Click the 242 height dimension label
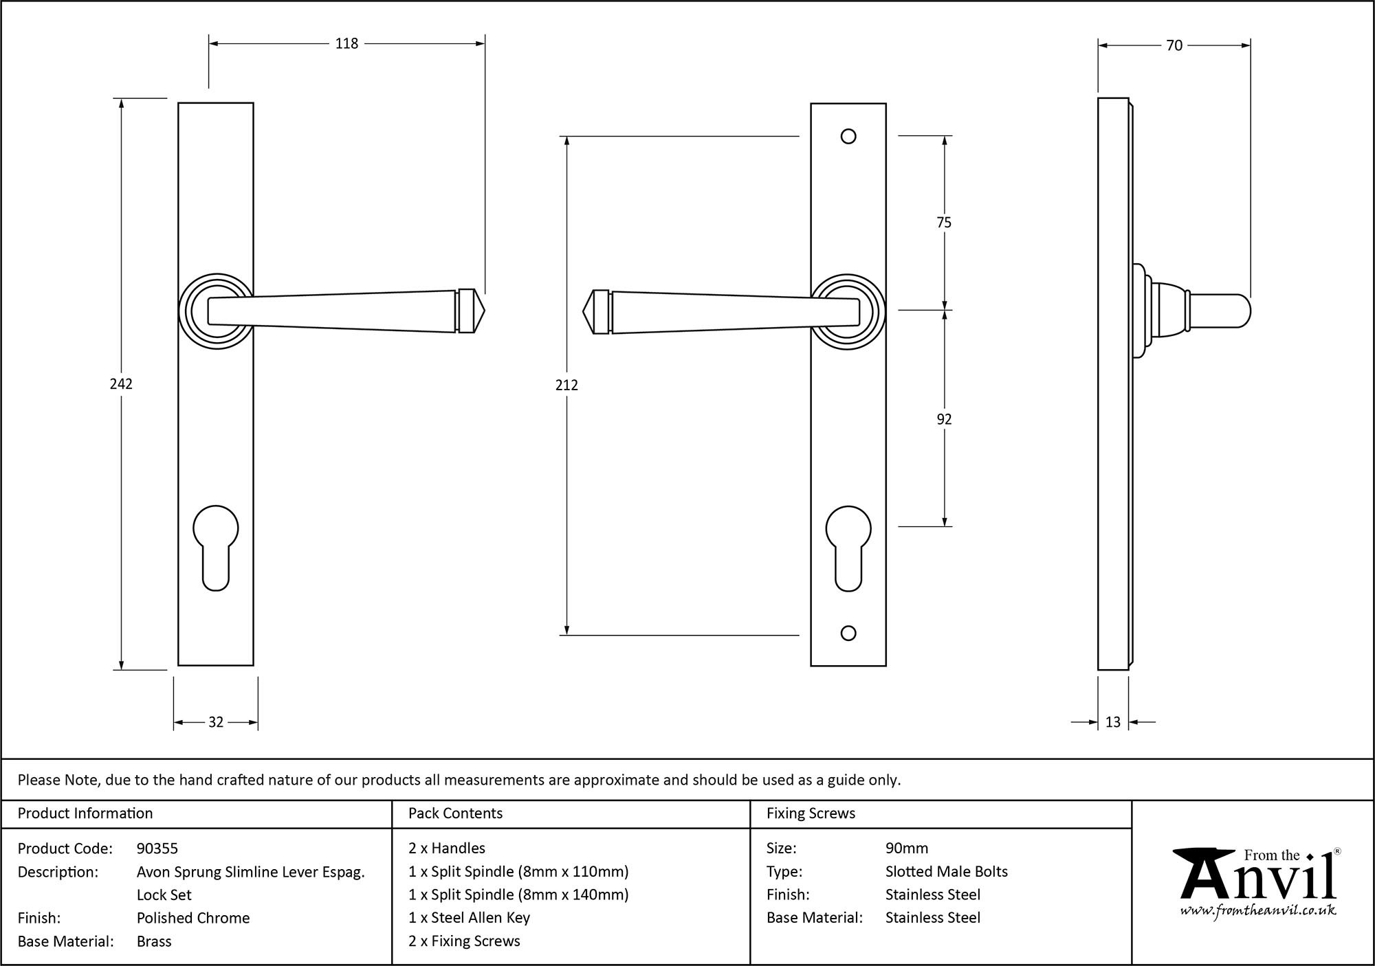(x=121, y=384)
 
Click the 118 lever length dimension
(x=346, y=44)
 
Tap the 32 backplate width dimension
(x=216, y=722)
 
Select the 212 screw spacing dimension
(x=566, y=385)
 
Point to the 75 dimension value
(x=944, y=223)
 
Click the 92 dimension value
(x=944, y=419)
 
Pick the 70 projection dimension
(x=1174, y=46)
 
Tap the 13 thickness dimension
(x=1113, y=722)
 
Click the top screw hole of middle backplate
(x=848, y=137)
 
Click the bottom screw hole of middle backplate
(x=848, y=633)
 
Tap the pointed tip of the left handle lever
(x=482, y=311)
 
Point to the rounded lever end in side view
(x=1241, y=311)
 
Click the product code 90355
(x=157, y=849)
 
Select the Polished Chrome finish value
(x=193, y=918)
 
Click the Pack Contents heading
(x=455, y=813)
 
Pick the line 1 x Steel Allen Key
(x=469, y=918)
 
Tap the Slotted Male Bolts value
(x=946, y=872)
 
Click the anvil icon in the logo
(x=1200, y=873)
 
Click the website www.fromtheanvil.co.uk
(x=1257, y=911)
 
